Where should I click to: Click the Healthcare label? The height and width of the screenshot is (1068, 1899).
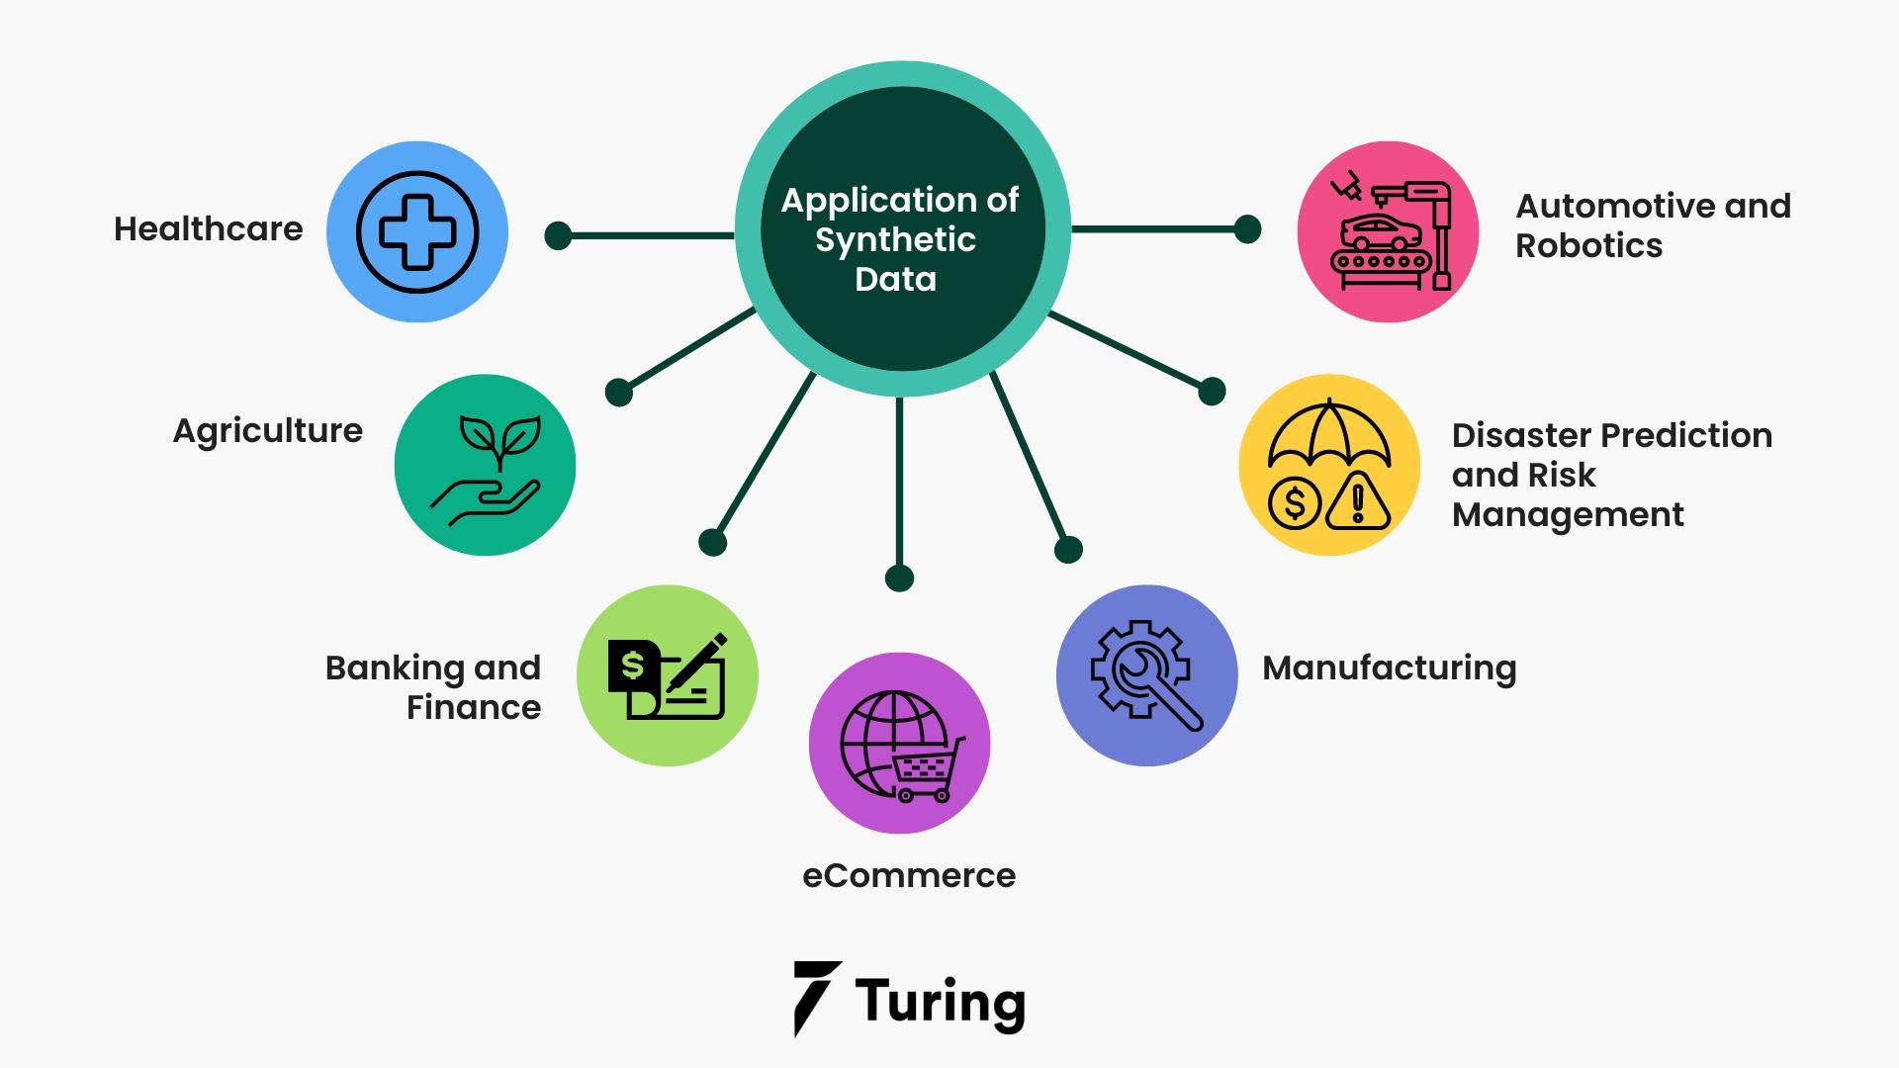pos(208,229)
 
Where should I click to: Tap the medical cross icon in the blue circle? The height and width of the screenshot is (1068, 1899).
pos(417,232)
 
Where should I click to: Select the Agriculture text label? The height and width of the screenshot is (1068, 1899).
pos(267,431)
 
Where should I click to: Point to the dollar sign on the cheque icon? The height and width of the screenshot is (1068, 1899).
pos(632,666)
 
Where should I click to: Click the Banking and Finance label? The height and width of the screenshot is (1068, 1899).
pos(433,687)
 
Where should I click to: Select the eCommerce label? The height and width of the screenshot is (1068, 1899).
pos(908,876)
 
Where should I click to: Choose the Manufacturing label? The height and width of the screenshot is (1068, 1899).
pos(1389,668)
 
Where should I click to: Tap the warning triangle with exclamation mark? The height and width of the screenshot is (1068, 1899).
pos(1358,501)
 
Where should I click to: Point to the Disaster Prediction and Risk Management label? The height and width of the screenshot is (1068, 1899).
pos(1611,475)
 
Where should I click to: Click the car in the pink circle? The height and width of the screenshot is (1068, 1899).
pos(1381,233)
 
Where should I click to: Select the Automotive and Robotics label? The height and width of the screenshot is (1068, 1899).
pos(1653,225)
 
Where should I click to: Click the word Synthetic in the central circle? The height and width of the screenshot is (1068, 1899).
pos(895,240)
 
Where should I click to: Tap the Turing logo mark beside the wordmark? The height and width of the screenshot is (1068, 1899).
pos(816,998)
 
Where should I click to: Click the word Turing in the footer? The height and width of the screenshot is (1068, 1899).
pos(940,1002)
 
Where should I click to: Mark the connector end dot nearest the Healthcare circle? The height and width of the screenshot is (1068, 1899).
pos(558,235)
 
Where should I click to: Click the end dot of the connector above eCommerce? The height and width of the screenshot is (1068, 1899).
pos(899,578)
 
